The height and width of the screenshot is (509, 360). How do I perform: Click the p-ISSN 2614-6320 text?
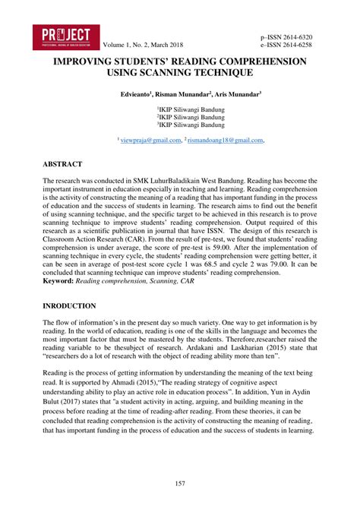point(285,37)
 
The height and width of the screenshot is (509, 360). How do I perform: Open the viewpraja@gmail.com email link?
point(151,140)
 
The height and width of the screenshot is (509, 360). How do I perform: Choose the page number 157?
point(180,484)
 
